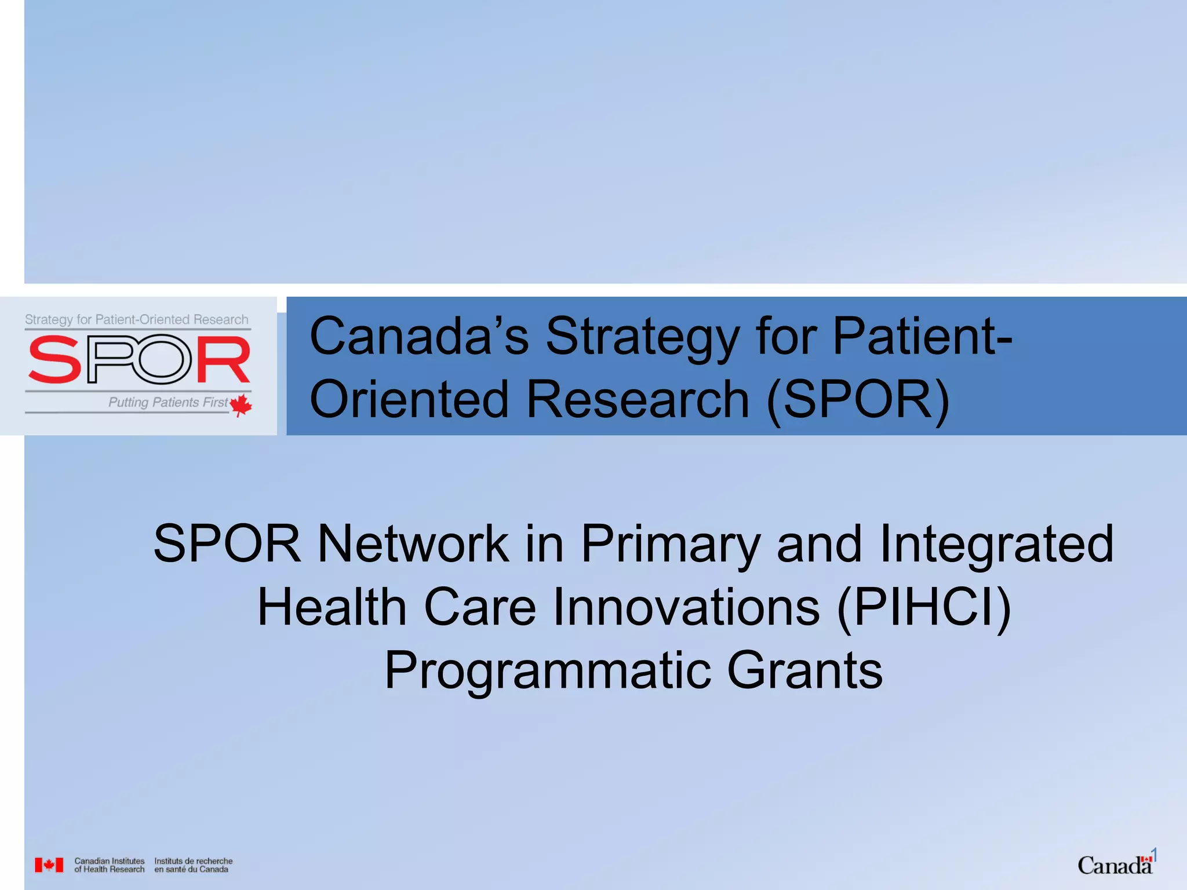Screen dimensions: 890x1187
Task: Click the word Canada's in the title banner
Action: point(419,337)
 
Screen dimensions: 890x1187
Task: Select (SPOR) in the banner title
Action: point(858,400)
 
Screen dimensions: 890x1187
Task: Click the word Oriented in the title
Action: point(409,400)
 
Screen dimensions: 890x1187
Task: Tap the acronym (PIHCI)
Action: point(924,607)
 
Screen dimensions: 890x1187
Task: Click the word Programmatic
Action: point(547,671)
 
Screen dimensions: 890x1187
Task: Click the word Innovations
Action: point(686,607)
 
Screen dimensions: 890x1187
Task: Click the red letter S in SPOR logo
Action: point(55,360)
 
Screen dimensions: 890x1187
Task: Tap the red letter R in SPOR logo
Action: point(223,360)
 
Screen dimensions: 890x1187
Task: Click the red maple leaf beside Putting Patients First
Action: point(241,404)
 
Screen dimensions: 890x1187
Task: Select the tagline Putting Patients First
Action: point(168,402)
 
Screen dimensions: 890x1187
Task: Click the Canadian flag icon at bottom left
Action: point(49,865)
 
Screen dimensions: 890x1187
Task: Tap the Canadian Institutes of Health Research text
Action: point(109,865)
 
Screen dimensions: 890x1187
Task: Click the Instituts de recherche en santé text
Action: point(193,865)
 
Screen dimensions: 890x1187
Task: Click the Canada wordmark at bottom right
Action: point(1114,866)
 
